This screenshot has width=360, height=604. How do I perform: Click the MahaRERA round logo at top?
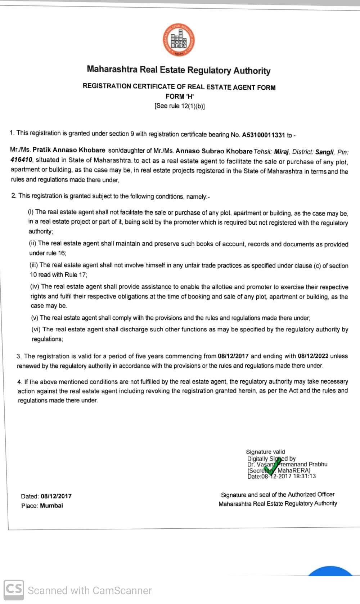tap(179, 40)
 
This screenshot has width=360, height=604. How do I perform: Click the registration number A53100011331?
tap(263, 135)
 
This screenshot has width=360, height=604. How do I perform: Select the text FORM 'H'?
tap(180, 96)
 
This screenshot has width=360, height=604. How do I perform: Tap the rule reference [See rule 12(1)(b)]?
tap(180, 106)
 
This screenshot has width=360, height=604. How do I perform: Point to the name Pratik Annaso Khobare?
tap(69, 150)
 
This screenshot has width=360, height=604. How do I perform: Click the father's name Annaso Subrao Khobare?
tap(214, 151)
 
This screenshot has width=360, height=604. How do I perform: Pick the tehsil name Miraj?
tap(282, 152)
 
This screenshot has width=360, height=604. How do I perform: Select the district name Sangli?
tap(324, 152)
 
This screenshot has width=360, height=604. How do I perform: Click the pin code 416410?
tap(21, 160)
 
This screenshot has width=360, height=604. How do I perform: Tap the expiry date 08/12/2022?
tap(313, 356)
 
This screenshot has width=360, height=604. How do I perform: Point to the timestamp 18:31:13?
tap(304, 476)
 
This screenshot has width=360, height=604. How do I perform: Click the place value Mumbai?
tap(51, 505)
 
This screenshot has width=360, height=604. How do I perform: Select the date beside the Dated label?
tap(56, 496)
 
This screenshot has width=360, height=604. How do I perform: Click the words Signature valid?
tap(265, 452)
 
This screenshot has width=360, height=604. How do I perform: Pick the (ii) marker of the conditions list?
tap(33, 243)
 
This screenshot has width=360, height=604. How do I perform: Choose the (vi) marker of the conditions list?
tap(36, 329)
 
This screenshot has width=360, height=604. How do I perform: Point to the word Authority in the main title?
tap(252, 71)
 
